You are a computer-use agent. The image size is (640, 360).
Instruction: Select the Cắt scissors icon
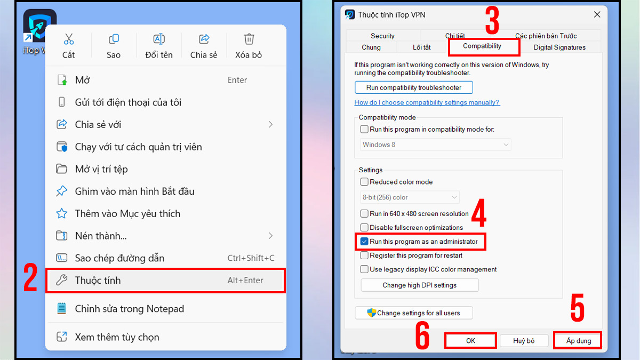(69, 39)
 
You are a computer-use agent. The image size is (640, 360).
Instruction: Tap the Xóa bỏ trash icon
(249, 39)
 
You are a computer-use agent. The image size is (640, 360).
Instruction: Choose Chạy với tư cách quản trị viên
(138, 147)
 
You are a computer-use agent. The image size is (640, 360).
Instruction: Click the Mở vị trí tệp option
(101, 169)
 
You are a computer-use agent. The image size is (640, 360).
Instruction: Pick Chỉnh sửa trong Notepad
(129, 309)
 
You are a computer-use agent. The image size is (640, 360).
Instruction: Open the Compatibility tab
(482, 46)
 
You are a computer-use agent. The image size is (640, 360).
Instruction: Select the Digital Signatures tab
(559, 47)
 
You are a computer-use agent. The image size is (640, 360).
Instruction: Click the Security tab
(382, 36)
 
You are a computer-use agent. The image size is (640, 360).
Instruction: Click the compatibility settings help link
(427, 102)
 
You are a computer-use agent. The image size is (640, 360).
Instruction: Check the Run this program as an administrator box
(364, 242)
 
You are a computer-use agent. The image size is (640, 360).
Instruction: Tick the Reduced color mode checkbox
(364, 182)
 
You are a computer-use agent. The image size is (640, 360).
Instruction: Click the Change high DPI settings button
(419, 285)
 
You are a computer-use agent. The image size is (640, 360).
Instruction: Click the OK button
(470, 341)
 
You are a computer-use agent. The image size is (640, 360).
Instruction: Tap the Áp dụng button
(578, 341)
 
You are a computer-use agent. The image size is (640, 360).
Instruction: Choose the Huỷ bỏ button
(524, 341)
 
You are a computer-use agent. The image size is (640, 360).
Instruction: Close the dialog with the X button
(596, 14)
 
